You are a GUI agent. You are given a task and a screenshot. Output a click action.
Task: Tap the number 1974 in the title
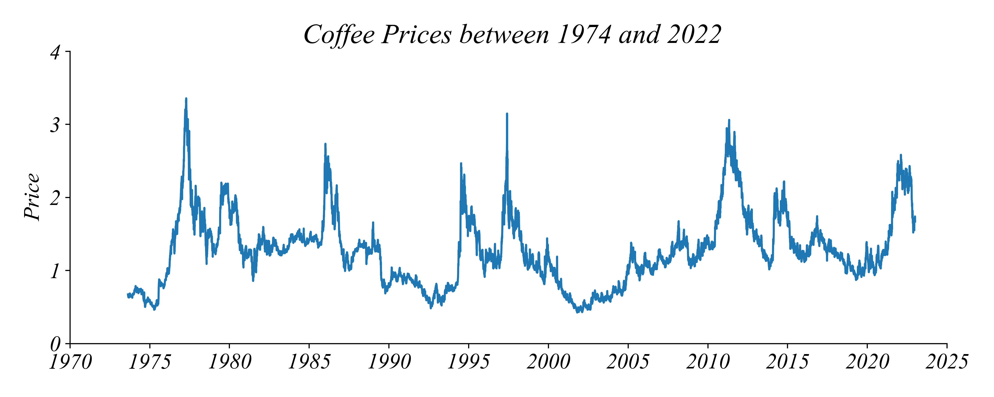584,35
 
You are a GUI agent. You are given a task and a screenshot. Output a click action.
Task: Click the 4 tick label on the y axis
55,52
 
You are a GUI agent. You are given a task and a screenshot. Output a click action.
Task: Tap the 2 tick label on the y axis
55,198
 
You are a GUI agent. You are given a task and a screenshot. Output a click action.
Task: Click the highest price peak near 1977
186,99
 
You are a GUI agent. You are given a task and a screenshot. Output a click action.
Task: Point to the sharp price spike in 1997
507,114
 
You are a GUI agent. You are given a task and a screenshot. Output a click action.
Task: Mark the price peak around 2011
729,120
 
